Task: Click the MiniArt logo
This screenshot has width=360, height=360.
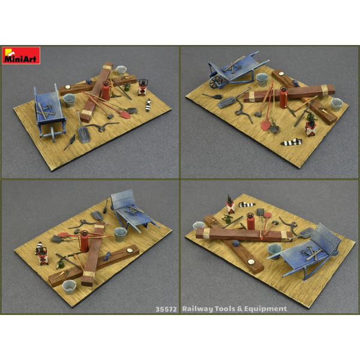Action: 20,55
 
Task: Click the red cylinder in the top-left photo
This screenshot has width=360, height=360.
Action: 106,91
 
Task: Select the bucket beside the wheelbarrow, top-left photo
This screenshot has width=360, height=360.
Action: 70,100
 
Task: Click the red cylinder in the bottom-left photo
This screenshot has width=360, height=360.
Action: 85,242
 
